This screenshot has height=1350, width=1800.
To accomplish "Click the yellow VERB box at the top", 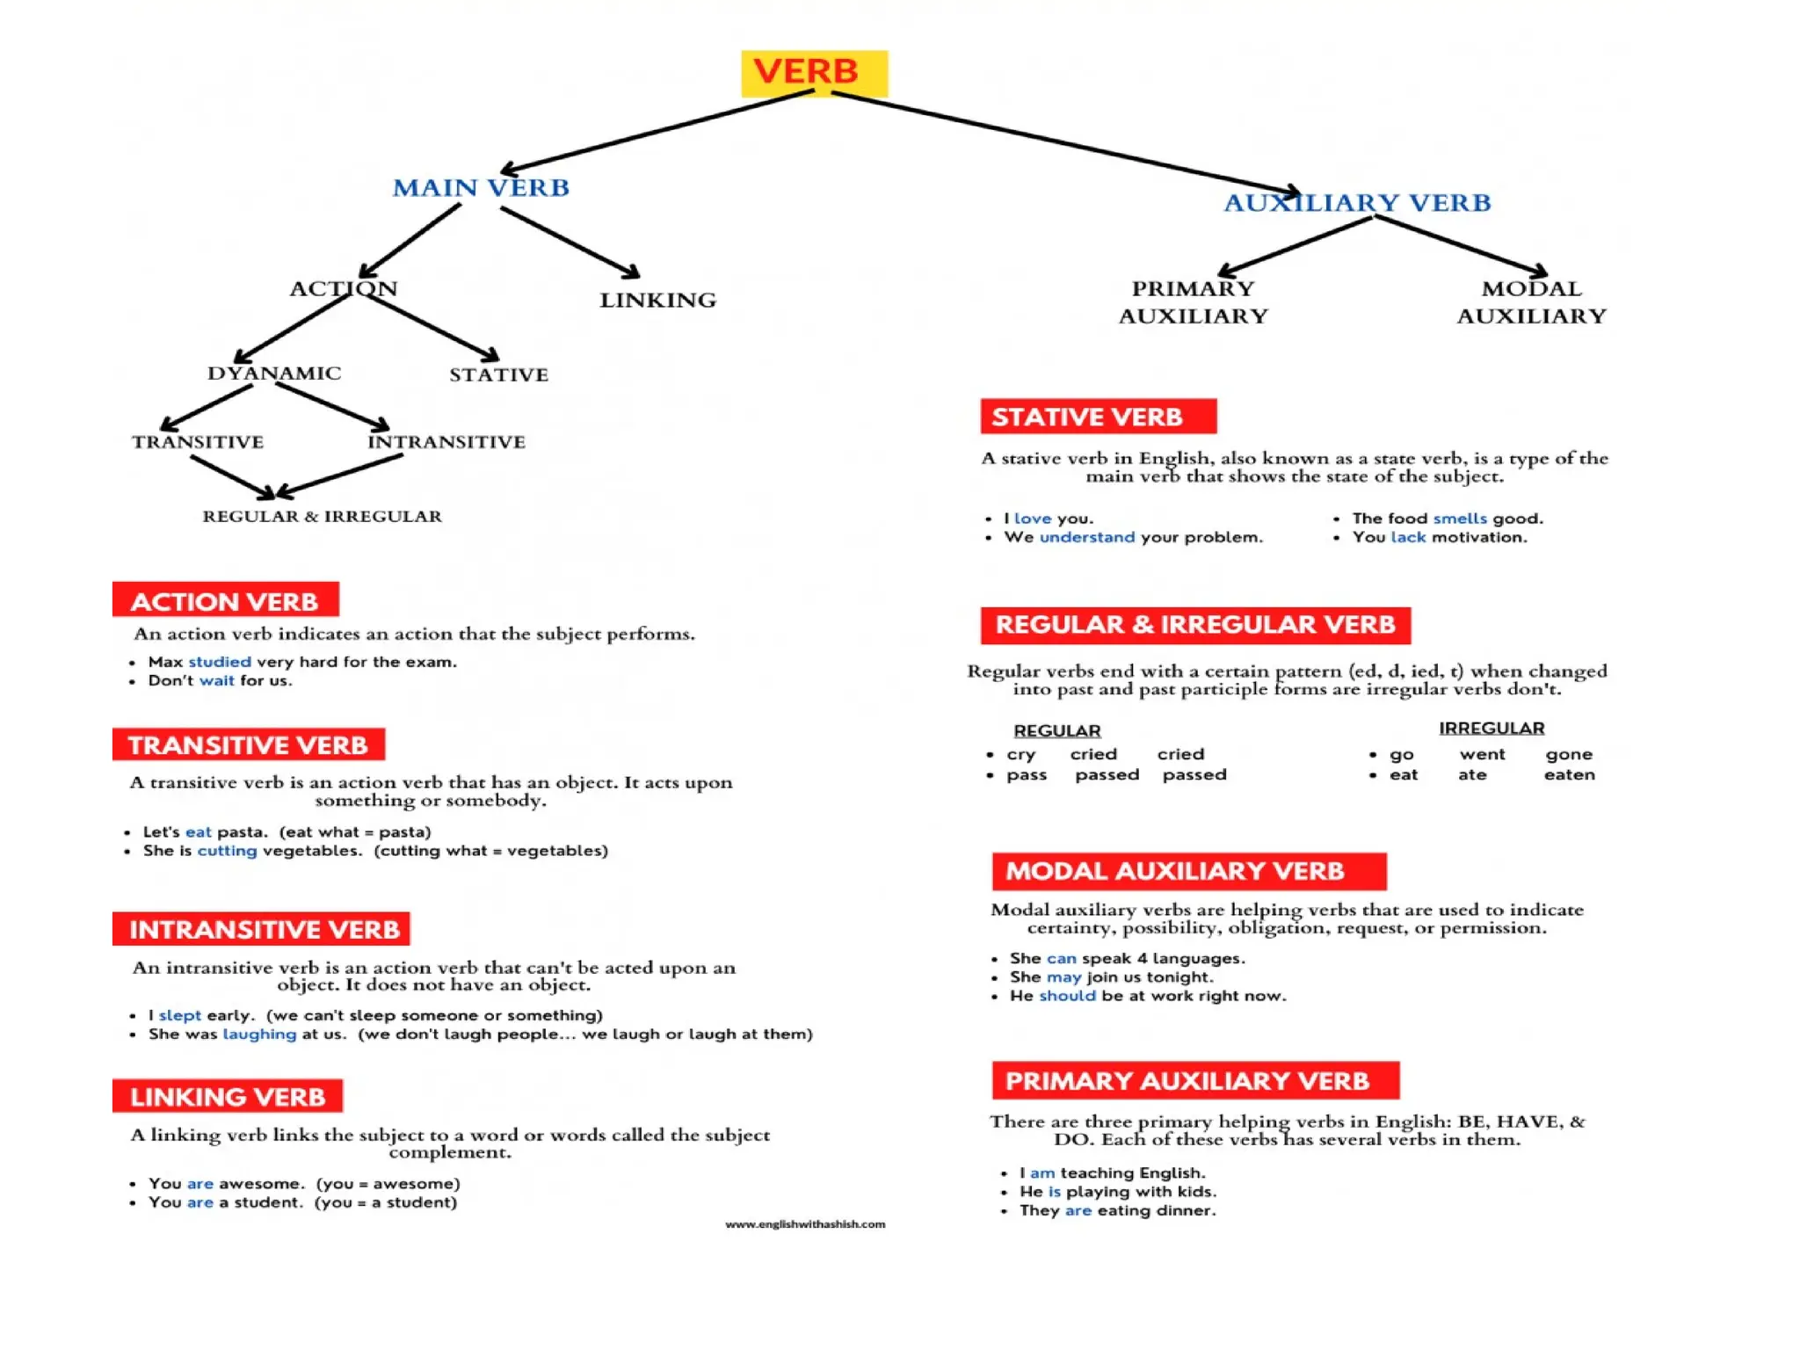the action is coord(814,73).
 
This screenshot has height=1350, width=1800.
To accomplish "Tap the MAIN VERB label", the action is coord(481,188).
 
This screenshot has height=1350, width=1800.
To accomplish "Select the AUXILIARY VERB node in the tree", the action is coord(1357,203).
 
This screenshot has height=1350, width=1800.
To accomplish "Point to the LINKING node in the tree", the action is coord(657,300).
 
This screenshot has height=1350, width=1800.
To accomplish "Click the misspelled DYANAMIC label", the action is coord(274,373).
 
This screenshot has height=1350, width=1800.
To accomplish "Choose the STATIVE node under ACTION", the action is coord(498,374).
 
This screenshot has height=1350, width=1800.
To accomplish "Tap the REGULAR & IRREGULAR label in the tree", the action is coord(322,516).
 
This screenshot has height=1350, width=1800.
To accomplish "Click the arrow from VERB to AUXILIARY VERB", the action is coord(1066,142).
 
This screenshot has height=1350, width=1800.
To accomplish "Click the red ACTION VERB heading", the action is coord(225,600).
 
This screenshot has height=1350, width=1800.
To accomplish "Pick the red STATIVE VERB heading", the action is coord(1099,416).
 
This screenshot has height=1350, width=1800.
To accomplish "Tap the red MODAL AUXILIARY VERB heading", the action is coord(1189,871).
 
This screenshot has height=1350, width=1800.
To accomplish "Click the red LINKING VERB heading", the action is coord(227,1096).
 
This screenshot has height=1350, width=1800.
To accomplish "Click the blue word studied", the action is coord(220,662).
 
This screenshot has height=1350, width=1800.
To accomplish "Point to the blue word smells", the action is coord(1460,519).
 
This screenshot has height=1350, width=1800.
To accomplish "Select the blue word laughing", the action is coord(259,1034).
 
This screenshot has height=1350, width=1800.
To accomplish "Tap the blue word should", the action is coord(1067,996).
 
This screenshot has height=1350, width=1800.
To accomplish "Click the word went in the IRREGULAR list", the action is coord(1482,754).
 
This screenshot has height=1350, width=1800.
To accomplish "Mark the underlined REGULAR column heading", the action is coord(1056,730).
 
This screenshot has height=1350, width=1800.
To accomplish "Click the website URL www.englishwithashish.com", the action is coord(805,1224).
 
